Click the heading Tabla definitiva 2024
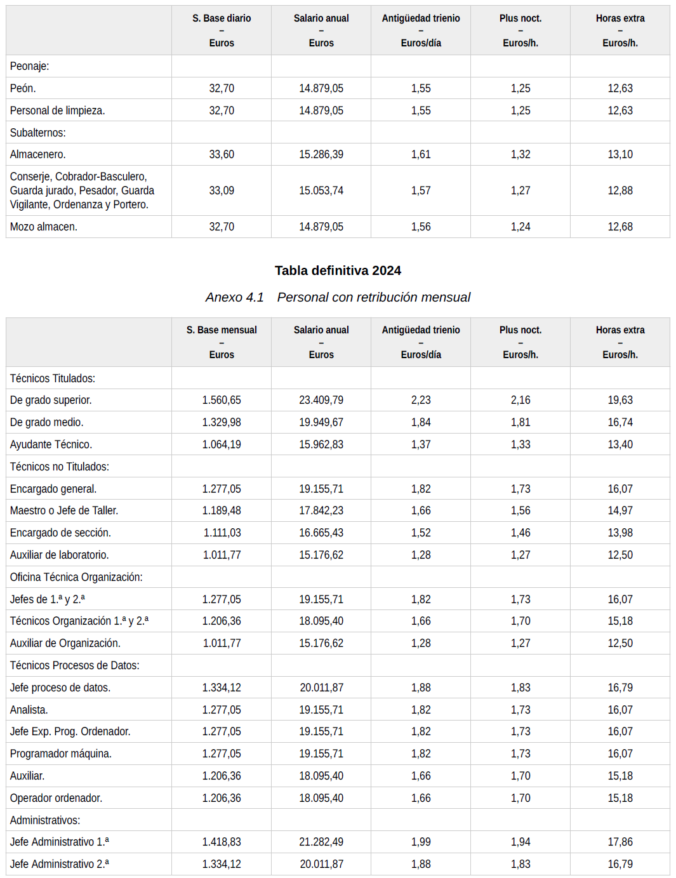[338, 270]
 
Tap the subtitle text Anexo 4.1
[234, 297]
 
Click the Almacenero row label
[38, 154]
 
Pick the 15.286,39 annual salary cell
[321, 154]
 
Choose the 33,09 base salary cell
[222, 190]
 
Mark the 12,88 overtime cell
[620, 190]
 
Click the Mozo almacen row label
[44, 227]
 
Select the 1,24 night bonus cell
[520, 227]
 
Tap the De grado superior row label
[51, 400]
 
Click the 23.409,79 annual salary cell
[321, 400]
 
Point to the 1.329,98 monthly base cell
[222, 422]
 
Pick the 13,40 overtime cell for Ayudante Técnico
[620, 444]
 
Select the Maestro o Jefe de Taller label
[64, 510]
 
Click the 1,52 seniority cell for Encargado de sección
[421, 533]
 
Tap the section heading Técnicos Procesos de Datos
[74, 665]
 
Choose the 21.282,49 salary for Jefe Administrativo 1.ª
[321, 842]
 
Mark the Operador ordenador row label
[56, 798]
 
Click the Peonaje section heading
[29, 66]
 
